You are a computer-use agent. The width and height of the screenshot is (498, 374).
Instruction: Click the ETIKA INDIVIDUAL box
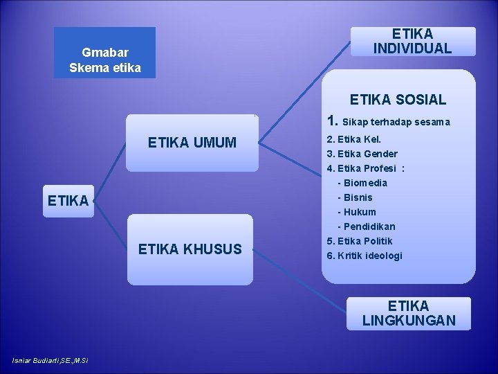(x=412, y=41)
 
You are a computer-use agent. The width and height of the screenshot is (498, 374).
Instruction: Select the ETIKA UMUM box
(x=192, y=143)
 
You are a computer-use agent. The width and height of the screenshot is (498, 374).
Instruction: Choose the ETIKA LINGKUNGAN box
(x=408, y=313)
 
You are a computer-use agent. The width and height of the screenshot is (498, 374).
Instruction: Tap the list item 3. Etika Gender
(x=362, y=153)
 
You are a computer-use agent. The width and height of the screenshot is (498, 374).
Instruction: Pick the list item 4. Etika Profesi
(x=365, y=168)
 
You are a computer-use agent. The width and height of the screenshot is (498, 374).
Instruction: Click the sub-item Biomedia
(x=365, y=183)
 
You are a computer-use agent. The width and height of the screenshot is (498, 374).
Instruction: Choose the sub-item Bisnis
(x=358, y=197)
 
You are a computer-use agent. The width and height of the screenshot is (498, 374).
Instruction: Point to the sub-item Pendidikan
(x=369, y=226)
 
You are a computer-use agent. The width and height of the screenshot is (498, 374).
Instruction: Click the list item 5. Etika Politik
(x=359, y=241)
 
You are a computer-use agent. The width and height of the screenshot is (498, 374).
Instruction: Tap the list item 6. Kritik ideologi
(x=364, y=256)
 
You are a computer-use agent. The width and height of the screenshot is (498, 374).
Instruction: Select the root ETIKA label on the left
(x=67, y=201)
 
